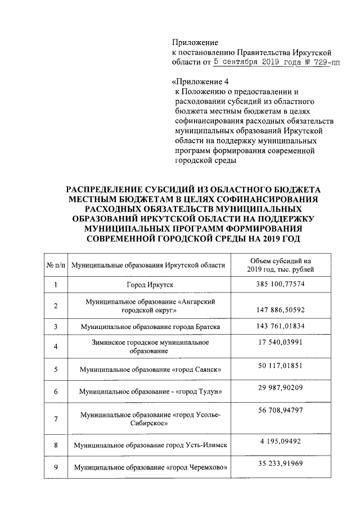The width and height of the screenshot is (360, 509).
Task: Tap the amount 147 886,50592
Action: point(280,310)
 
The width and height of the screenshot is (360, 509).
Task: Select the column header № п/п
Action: point(55,265)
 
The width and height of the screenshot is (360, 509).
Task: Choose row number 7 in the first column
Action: point(55,419)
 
